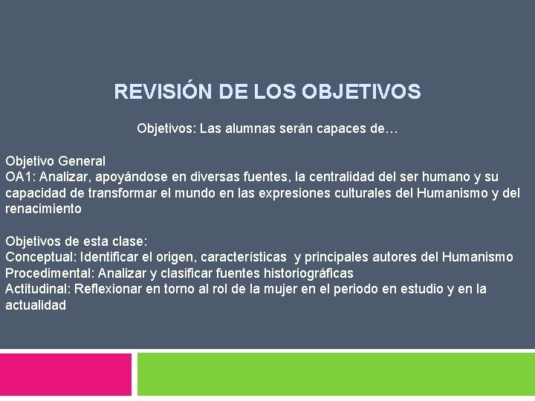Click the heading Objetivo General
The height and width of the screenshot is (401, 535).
pyautogui.click(x=55, y=160)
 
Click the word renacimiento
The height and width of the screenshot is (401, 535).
pyautogui.click(x=43, y=209)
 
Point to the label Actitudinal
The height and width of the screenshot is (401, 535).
pyautogui.click(x=37, y=289)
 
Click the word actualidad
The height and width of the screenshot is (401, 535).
pyautogui.click(x=36, y=305)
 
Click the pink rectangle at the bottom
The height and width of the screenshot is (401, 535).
pyautogui.click(x=65, y=374)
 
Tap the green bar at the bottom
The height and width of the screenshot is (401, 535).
pyautogui.click(x=336, y=374)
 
